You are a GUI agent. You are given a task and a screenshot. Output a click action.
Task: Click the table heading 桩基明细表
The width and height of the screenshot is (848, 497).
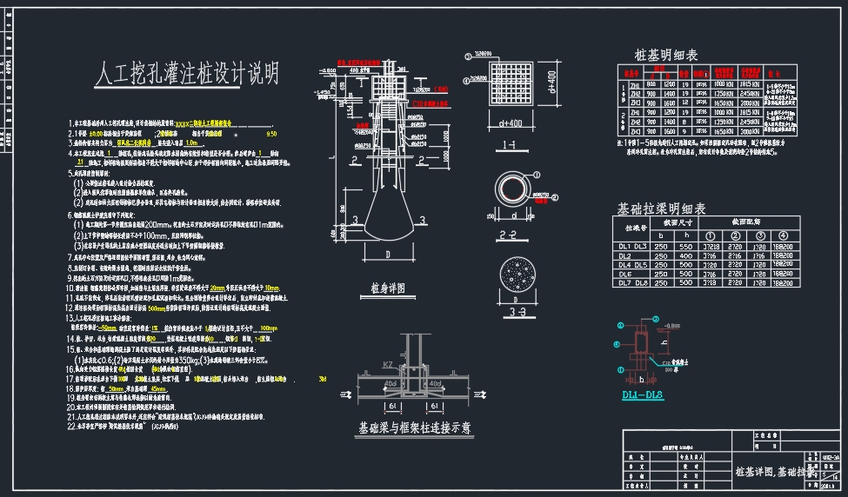pyautogui.click(x=667, y=54)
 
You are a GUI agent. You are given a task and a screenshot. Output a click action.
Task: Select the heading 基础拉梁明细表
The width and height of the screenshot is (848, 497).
pyautogui.click(x=661, y=209)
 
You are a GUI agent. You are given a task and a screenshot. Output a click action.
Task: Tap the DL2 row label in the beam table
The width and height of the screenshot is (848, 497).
pyautogui.click(x=624, y=256)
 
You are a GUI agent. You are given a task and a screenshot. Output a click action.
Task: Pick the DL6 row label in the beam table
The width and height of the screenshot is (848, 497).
pyautogui.click(x=624, y=274)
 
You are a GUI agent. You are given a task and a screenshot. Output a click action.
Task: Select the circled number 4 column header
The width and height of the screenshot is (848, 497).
pyautogui.click(x=784, y=235)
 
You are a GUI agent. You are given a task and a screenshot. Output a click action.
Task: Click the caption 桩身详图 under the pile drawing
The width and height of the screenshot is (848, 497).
pyautogui.click(x=389, y=287)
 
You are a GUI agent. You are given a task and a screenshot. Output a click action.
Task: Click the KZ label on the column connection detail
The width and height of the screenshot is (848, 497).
pyautogui.click(x=389, y=366)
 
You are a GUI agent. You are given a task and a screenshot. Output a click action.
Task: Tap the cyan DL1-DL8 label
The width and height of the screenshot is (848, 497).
pyautogui.click(x=643, y=396)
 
